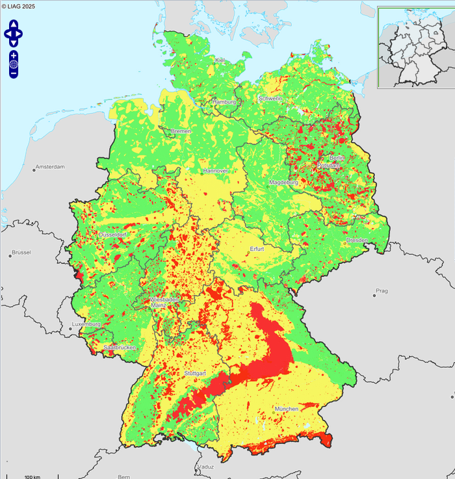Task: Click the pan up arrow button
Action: click(x=14, y=24)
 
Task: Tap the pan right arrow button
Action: click(x=20, y=33)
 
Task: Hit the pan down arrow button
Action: click(x=14, y=42)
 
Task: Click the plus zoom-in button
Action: click(x=14, y=55)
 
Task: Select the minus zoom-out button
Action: click(x=14, y=73)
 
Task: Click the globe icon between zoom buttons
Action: click(x=14, y=64)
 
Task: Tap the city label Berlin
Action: click(x=337, y=158)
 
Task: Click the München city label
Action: click(x=286, y=409)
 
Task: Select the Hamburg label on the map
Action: click(x=224, y=103)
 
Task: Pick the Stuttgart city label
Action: click(x=195, y=374)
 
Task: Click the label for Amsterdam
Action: click(x=51, y=167)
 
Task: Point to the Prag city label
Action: click(x=381, y=291)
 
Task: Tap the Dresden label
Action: click(x=357, y=240)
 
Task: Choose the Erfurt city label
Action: click(x=259, y=249)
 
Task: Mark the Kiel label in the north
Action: click(x=220, y=60)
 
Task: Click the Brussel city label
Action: click(x=21, y=252)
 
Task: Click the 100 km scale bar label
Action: click(x=32, y=476)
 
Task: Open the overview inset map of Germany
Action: click(x=415, y=47)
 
